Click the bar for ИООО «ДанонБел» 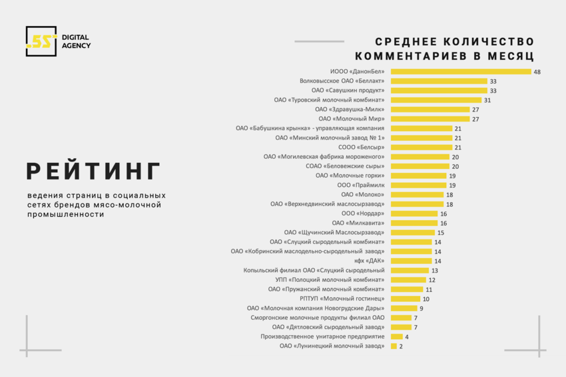click(461, 71)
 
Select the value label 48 click(537, 71)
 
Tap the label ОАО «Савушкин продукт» click(348, 90)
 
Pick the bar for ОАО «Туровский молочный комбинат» click(435, 100)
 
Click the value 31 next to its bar click(487, 100)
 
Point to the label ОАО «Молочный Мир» click(351, 119)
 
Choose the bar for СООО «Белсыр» click(421, 147)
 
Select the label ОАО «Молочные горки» click(350, 176)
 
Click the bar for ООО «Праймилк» click(418, 185)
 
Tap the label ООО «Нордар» click(362, 213)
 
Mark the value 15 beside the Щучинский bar click(441, 233)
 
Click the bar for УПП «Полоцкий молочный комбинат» click(408, 280)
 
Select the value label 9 click(422, 308)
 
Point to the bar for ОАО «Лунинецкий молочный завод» click(394, 346)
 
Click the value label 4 click(407, 336)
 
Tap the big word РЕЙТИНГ click(93, 171)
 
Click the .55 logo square click(41, 41)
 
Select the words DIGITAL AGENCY click(76, 41)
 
